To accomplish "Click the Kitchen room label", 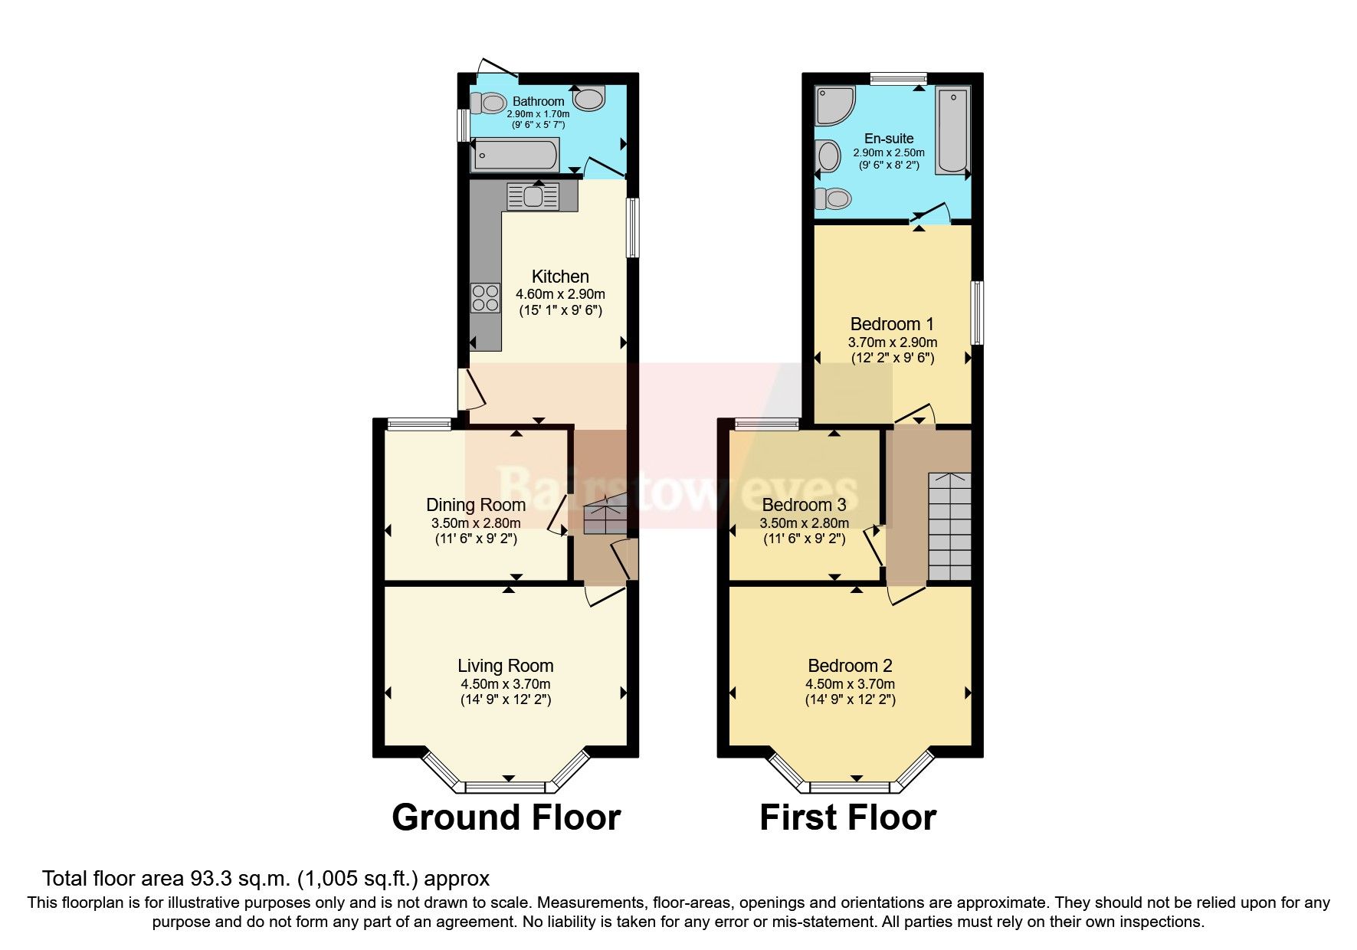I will pos(560,277).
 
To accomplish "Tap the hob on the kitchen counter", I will pos(485,298).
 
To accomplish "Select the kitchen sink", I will pos(533,197).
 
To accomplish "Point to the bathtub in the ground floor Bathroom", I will pos(515,155).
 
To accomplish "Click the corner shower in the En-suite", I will pos(834,105).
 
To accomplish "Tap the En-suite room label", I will pos(889,139).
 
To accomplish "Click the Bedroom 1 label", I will pos(892,324).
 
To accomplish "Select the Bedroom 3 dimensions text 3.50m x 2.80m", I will pos(804,523).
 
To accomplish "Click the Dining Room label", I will pos(476,505).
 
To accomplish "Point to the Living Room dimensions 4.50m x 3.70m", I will pos(505,684).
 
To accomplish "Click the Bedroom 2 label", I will pos(850,666).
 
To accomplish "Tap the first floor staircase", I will pos(949,527).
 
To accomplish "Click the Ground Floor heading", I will pos(506,817).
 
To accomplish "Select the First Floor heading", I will pos(847,817).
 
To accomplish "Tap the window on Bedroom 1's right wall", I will pos(978,313).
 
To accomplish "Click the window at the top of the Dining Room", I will pos(418,424).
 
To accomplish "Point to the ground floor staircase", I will pos(605,519).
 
